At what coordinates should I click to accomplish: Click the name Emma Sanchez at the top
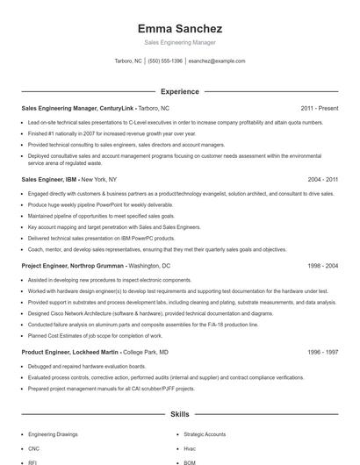[179, 28]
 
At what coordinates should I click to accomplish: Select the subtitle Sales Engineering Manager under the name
[179, 42]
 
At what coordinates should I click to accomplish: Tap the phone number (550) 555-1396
[165, 61]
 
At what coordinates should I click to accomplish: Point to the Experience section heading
[179, 91]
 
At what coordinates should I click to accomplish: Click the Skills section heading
[179, 414]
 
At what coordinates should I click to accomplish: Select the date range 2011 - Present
[319, 108]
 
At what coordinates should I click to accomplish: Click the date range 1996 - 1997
[323, 327]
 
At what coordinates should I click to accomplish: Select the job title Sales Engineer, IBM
[49, 179]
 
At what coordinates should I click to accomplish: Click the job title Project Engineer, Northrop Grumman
[73, 264]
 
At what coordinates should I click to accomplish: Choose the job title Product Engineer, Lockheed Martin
[70, 327]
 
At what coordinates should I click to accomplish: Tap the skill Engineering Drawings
[53, 434]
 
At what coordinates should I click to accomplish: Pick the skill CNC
[35, 447]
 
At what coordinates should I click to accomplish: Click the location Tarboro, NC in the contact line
[128, 61]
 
